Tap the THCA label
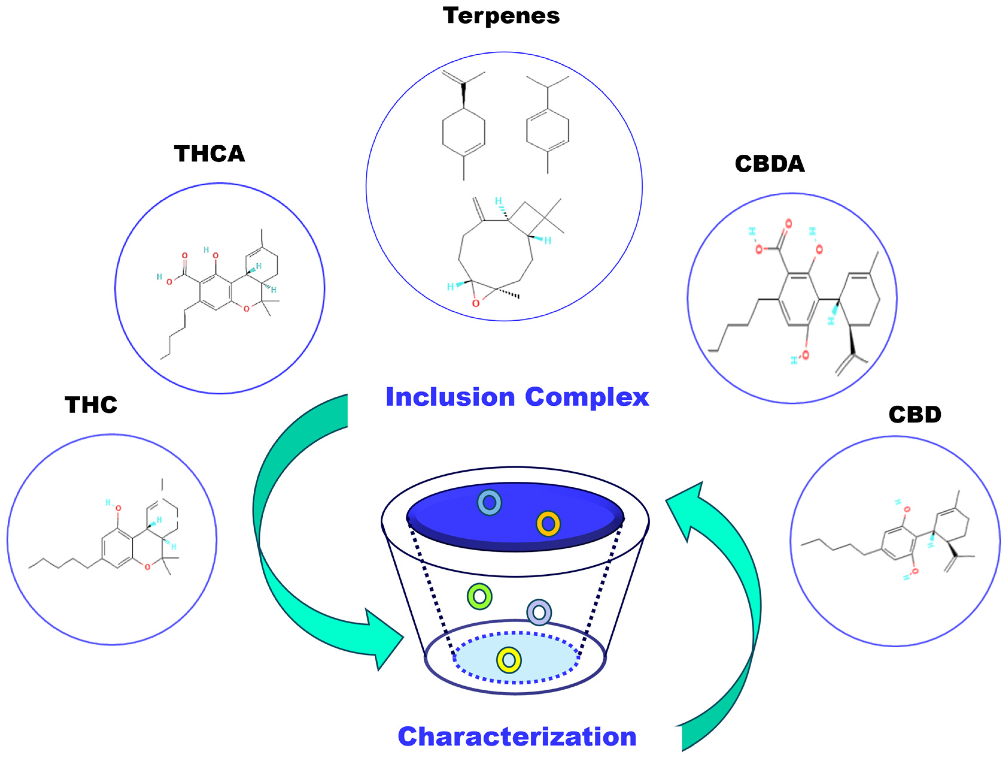pyautogui.click(x=210, y=154)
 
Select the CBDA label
pyautogui.click(x=770, y=164)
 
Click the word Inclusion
pyautogui.click(x=450, y=397)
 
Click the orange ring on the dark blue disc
pyautogui.click(x=548, y=524)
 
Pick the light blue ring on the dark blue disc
pyautogui.click(x=489, y=503)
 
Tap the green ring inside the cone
pyautogui.click(x=479, y=596)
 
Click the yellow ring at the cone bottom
pyautogui.click(x=509, y=660)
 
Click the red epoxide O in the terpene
pyautogui.click(x=476, y=303)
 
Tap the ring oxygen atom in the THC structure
pyautogui.click(x=147, y=567)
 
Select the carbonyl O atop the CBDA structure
pyautogui.click(x=789, y=223)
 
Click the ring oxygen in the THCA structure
pyautogui.click(x=246, y=309)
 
